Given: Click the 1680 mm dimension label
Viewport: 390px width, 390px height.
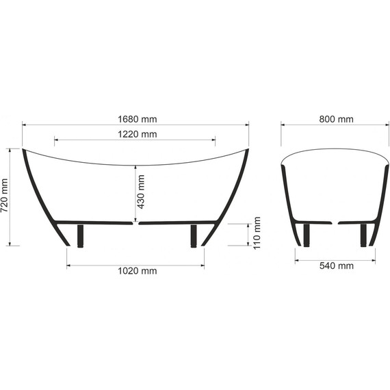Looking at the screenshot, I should coord(135,119).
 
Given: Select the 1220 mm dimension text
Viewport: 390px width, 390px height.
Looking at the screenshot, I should coord(135,135).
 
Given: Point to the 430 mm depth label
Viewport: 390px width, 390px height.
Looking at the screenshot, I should coord(142,192).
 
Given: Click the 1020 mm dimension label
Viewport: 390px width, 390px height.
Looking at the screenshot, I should coord(135,271).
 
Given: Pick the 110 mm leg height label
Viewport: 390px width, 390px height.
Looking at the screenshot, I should coord(257,233).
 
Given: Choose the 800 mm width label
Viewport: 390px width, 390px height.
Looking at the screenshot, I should coord(336,119).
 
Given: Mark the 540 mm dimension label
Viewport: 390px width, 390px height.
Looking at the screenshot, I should coord(336,265).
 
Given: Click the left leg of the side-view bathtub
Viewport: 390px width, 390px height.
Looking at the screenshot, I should coord(81,235).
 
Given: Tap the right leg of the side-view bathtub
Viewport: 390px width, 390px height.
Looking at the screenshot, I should coord(194,235).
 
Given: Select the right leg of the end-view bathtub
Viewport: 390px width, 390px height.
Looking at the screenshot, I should coord(363,234).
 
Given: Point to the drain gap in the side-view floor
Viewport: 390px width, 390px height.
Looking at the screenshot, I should coord(137,222).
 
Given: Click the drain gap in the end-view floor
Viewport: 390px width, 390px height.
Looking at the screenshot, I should coord(335,222).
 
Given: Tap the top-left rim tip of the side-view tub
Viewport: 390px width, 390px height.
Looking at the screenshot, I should coord(24,149).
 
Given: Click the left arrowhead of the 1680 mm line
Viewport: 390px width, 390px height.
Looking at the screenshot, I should coord(25,125).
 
